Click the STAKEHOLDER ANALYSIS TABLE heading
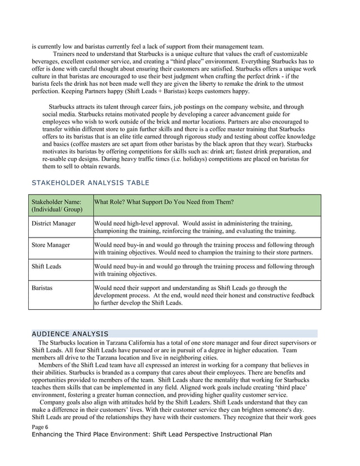90,183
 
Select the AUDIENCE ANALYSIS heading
70,333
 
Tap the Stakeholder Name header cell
56,205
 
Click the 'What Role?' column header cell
164,202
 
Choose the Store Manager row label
51,245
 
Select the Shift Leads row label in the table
46,266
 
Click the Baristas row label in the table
42,288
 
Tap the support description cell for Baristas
203,295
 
